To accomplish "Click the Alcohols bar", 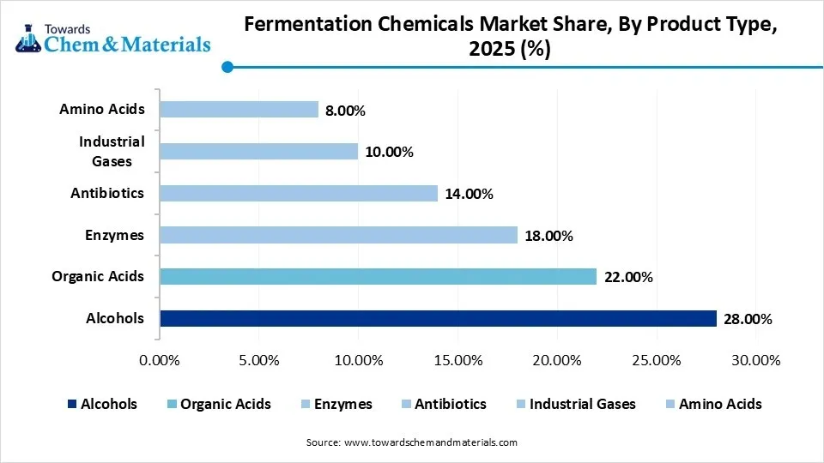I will click(x=438, y=319).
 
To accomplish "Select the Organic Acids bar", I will click(x=378, y=276).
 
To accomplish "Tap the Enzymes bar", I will click(x=338, y=235).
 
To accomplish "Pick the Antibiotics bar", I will click(x=299, y=193).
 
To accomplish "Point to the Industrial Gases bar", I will click(x=258, y=151).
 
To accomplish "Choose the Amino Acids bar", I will click(x=239, y=110).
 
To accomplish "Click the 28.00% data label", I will click(x=748, y=320).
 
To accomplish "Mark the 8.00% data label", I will click(x=346, y=111).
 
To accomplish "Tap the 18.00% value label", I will click(x=548, y=236).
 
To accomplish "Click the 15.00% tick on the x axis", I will click(x=457, y=360).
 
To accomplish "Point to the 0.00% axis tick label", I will click(x=160, y=360).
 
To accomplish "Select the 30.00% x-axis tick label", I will click(x=756, y=360).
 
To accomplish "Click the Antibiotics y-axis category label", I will click(x=107, y=193).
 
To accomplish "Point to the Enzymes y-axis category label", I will click(x=114, y=235).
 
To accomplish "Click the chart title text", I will click(x=511, y=37).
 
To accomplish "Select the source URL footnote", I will click(x=412, y=442).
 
